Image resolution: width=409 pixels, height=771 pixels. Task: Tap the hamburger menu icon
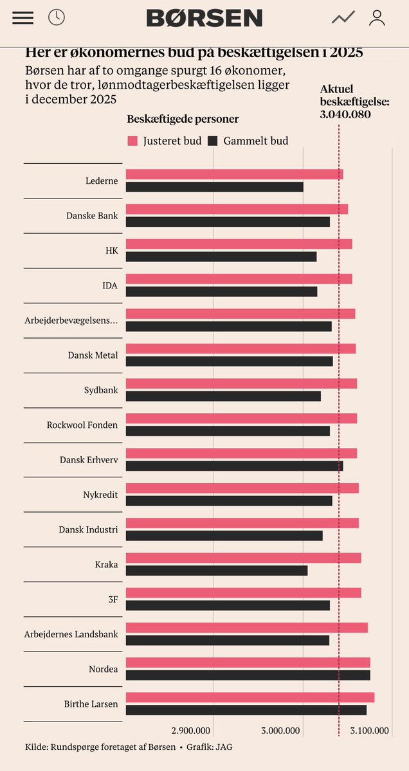23,17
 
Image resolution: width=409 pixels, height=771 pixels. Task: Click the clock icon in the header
57,17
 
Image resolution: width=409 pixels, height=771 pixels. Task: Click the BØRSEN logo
204,18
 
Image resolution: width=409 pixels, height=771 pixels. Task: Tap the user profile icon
377,17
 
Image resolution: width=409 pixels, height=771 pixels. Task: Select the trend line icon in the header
343,18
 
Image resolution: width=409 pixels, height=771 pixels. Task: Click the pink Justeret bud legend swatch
133,141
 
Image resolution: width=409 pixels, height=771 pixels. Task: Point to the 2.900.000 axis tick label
191,731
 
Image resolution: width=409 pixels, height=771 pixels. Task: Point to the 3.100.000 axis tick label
368,731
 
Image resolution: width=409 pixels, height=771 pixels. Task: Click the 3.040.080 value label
345,114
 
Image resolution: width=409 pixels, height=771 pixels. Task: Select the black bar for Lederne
214,187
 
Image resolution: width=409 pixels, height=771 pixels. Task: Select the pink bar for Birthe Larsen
250,697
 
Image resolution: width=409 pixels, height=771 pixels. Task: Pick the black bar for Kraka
217,571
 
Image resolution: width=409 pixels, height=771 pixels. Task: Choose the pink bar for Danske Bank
237,209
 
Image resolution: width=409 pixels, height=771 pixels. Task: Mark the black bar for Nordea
248,675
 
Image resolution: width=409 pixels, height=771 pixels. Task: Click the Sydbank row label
101,390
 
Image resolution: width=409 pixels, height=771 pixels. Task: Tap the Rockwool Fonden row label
82,425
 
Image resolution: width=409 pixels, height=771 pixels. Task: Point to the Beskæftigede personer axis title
183,120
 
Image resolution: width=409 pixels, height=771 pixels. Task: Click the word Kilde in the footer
36,747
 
